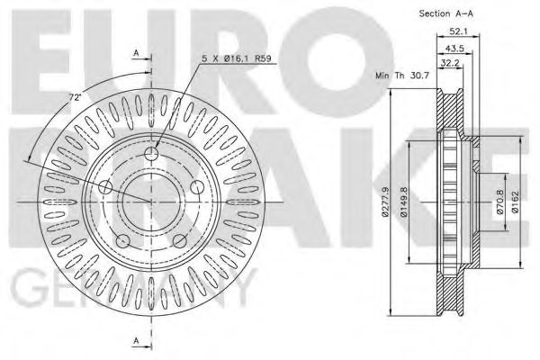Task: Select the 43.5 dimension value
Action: (454, 48)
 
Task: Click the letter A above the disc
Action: (135, 53)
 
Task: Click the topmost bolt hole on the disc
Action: (151, 154)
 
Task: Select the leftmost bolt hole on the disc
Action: (105, 187)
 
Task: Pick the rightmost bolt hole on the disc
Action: (196, 186)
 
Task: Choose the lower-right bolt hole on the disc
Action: (179, 240)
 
